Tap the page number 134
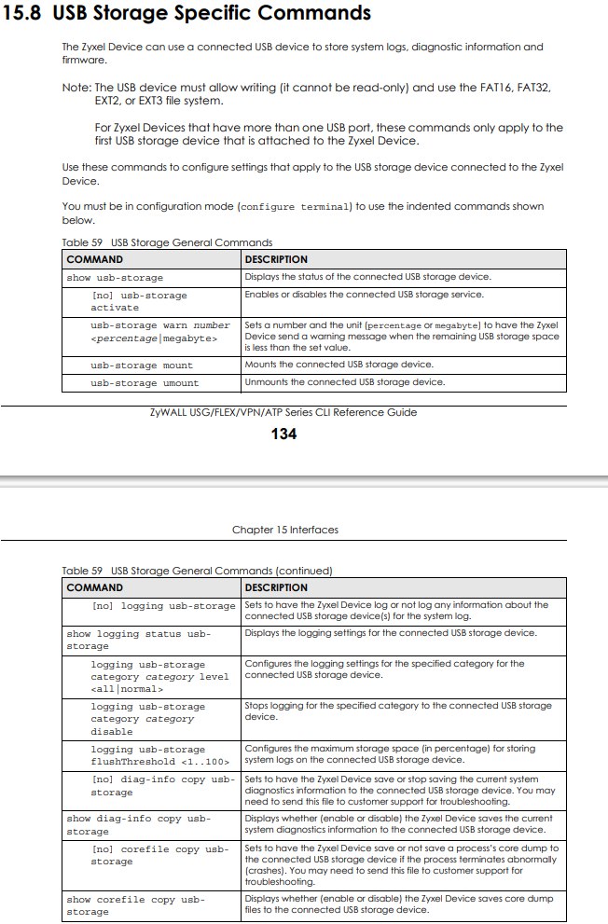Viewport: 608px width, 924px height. [x=283, y=434]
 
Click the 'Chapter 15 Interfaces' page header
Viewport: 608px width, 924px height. [x=285, y=530]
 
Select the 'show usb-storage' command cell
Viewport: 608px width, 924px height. [x=115, y=278]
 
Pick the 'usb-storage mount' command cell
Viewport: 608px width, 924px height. [x=142, y=365]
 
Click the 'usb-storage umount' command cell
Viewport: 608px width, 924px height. [x=145, y=382]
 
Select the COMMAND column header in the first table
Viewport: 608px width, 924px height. [x=94, y=259]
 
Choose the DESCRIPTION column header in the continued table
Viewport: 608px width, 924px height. [x=275, y=587]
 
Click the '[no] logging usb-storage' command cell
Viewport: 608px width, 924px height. [x=163, y=606]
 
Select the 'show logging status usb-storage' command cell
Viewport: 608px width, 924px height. [x=139, y=640]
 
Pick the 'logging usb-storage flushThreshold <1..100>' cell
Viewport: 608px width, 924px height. [x=159, y=755]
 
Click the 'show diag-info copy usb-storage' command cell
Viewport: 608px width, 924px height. [x=139, y=824]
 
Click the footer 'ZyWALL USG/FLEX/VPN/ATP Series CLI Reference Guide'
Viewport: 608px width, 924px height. [x=283, y=412]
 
